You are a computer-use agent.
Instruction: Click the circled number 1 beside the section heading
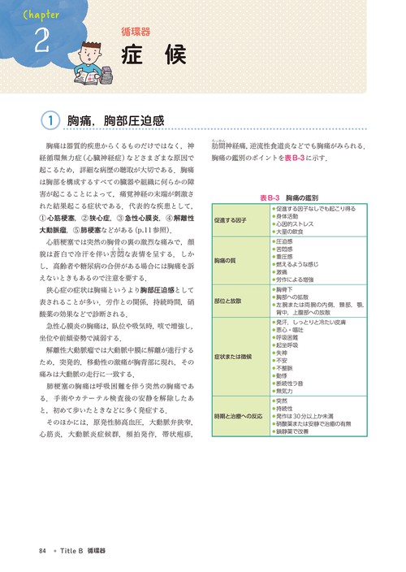tap(50, 121)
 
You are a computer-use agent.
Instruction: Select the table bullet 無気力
tap(287, 390)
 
